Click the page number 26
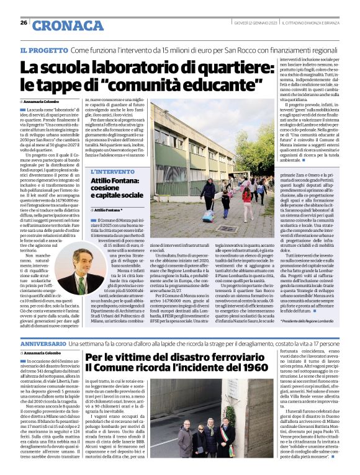tap(24, 22)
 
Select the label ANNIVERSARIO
tap(43, 343)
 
